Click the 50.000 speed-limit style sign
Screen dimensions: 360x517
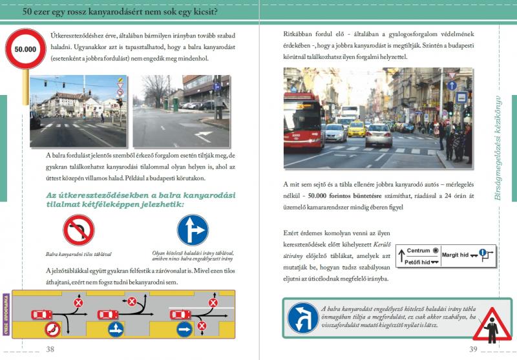(26, 48)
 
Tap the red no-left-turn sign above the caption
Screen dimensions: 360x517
(78, 230)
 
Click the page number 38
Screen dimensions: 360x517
(50, 350)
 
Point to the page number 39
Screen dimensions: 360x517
(472, 350)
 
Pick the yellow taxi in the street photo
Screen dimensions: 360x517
(356, 129)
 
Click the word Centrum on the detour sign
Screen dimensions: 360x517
(418, 250)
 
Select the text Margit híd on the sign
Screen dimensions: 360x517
(456, 255)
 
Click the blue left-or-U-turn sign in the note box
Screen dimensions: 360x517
(302, 319)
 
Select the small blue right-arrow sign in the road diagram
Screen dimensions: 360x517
(184, 329)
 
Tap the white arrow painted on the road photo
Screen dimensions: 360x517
(204, 136)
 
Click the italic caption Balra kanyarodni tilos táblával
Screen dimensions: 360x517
(78, 254)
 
